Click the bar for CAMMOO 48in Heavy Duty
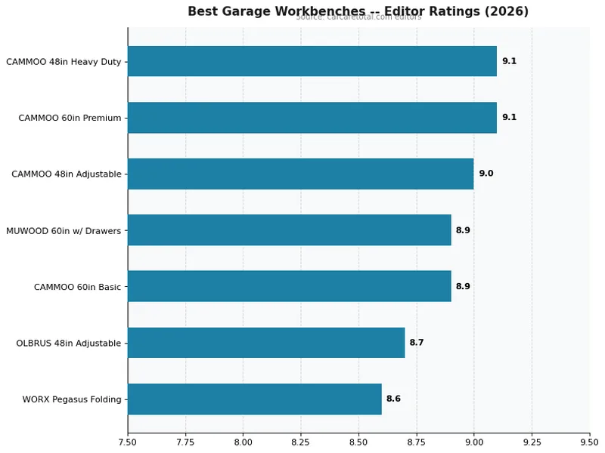[312, 61]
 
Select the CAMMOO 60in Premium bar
[312, 118]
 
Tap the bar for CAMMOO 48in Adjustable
[300, 174]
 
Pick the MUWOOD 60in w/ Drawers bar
[289, 230]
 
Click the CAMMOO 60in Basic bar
[289, 286]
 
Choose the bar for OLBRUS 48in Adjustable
[265, 343]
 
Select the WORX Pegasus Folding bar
[254, 399]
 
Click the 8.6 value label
[393, 399]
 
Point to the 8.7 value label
[417, 343]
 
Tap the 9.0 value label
[486, 174]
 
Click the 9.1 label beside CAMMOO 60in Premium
[509, 118]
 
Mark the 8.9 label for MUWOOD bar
[463, 230]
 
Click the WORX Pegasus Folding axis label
[72, 399]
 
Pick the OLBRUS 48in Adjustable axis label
[69, 344]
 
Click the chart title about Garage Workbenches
[358, 11]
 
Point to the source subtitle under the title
[358, 17]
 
